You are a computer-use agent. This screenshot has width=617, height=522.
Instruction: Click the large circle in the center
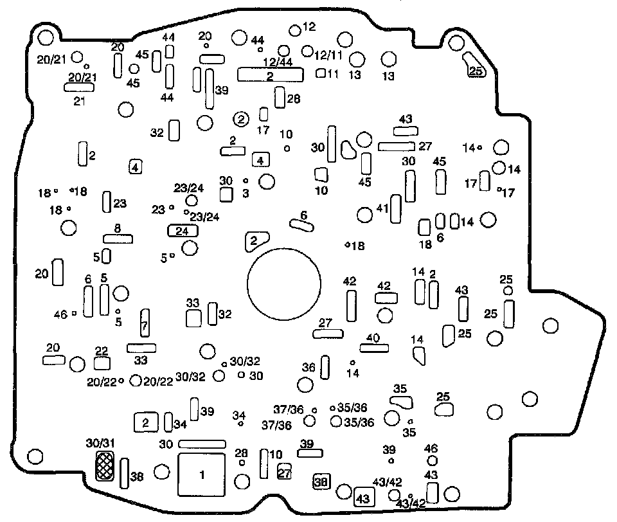283,285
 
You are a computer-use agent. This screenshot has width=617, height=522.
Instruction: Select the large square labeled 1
202,474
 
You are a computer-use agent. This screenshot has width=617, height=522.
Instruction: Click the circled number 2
240,118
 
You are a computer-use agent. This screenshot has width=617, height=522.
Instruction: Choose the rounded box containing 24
182,231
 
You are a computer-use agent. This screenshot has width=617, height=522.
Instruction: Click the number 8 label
118,228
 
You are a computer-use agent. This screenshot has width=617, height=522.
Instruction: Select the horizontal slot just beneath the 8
118,239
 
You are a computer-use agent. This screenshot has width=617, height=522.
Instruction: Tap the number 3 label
246,192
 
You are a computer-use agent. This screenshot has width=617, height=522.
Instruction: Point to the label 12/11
328,55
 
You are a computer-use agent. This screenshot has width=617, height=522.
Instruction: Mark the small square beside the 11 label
319,73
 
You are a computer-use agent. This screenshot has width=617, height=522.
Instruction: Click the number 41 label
382,208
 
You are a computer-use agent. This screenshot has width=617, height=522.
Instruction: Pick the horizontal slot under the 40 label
374,348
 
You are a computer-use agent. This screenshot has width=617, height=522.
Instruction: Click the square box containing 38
321,480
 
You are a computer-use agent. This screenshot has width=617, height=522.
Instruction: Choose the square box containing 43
363,498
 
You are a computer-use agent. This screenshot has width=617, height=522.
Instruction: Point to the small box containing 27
284,473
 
